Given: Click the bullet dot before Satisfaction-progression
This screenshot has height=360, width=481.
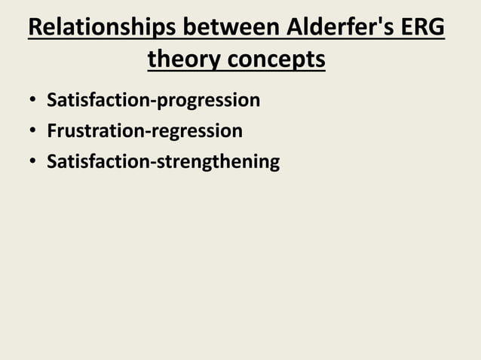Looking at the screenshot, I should click(33, 101).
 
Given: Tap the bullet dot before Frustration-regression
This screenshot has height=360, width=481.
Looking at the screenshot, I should click(33, 132).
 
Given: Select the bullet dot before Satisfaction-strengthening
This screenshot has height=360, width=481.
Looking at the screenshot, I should click(33, 163).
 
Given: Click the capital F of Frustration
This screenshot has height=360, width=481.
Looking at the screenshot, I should click(51, 131).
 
